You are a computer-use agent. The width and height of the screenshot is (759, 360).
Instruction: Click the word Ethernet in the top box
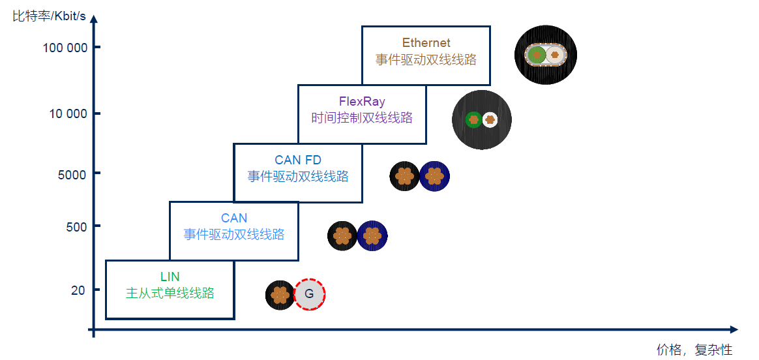click(426, 43)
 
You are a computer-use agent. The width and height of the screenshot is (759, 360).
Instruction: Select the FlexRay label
click(362, 102)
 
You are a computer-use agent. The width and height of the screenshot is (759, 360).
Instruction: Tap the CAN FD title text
click(297, 160)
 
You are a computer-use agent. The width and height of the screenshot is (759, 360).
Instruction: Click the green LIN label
click(170, 277)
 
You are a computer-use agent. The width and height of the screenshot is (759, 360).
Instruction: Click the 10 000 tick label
click(68, 113)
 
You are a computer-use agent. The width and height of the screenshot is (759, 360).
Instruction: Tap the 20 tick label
click(78, 290)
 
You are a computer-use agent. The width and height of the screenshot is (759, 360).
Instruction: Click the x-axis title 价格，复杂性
click(694, 350)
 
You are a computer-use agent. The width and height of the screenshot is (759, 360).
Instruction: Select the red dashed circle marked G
click(310, 294)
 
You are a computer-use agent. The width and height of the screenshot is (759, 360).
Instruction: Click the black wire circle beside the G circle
click(280, 295)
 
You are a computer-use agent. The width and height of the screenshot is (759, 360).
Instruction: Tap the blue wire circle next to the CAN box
click(372, 235)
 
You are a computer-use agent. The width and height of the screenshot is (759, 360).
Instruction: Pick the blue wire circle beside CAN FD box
click(434, 176)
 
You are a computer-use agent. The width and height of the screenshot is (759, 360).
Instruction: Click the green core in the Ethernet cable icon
click(537, 55)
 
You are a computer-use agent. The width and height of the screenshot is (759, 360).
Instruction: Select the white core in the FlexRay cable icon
click(490, 119)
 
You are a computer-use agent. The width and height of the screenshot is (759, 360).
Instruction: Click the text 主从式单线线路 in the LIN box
click(170, 293)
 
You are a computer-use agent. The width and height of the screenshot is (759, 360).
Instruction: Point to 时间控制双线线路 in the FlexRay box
click(362, 118)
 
